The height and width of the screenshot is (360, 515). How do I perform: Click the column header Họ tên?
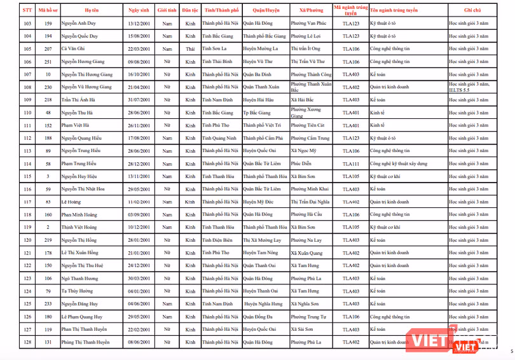pyautogui.click(x=92, y=10)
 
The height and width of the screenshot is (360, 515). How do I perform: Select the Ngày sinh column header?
pyautogui.click(x=139, y=10)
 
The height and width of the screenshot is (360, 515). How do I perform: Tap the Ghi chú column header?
pyautogui.click(x=472, y=10)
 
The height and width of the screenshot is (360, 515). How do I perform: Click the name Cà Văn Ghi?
pyautogui.click(x=73, y=48)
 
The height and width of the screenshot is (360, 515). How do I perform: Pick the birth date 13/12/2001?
pyautogui.click(x=139, y=24)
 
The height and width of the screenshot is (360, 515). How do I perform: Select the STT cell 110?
pyautogui.click(x=27, y=113)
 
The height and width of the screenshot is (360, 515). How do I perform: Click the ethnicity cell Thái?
pyautogui.click(x=190, y=48)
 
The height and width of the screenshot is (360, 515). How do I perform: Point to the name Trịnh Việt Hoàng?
pyautogui.click(x=79, y=227)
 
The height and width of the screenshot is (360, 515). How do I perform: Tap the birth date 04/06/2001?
pyautogui.click(x=139, y=303)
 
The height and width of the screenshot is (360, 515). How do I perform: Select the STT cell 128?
pyautogui.click(x=27, y=342)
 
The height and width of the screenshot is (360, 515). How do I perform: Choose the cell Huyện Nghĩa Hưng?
pyautogui.click(x=263, y=303)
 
